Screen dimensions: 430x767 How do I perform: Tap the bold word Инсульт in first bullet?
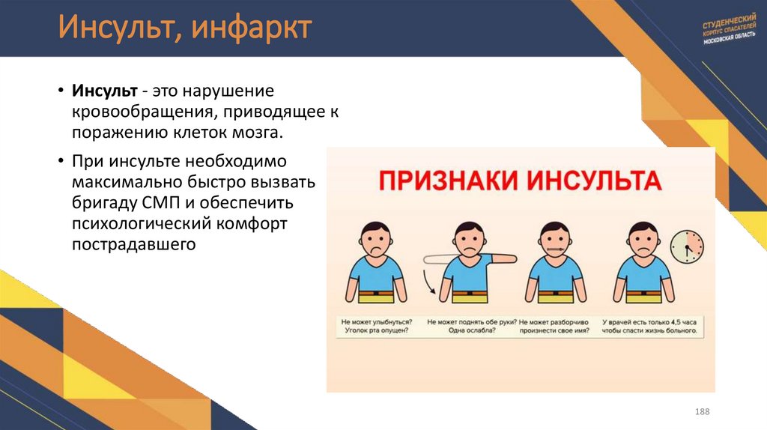[x=104, y=91]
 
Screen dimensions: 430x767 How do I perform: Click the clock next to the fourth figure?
[x=688, y=245]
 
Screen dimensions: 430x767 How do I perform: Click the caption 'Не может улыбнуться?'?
[x=375, y=321]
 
